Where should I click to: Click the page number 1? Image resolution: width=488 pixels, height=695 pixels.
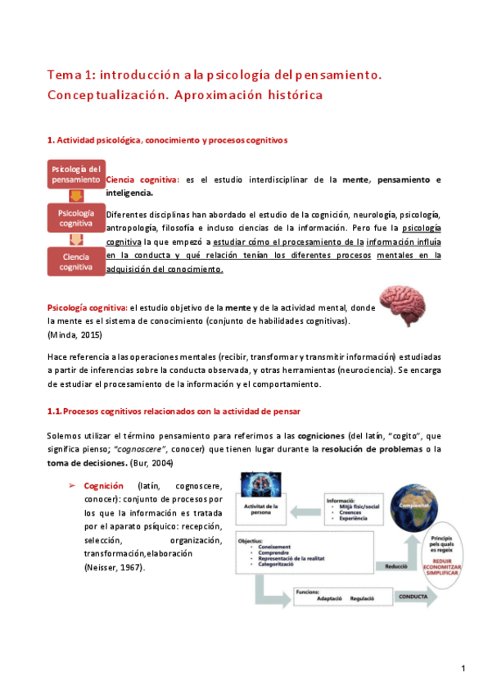463,670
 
